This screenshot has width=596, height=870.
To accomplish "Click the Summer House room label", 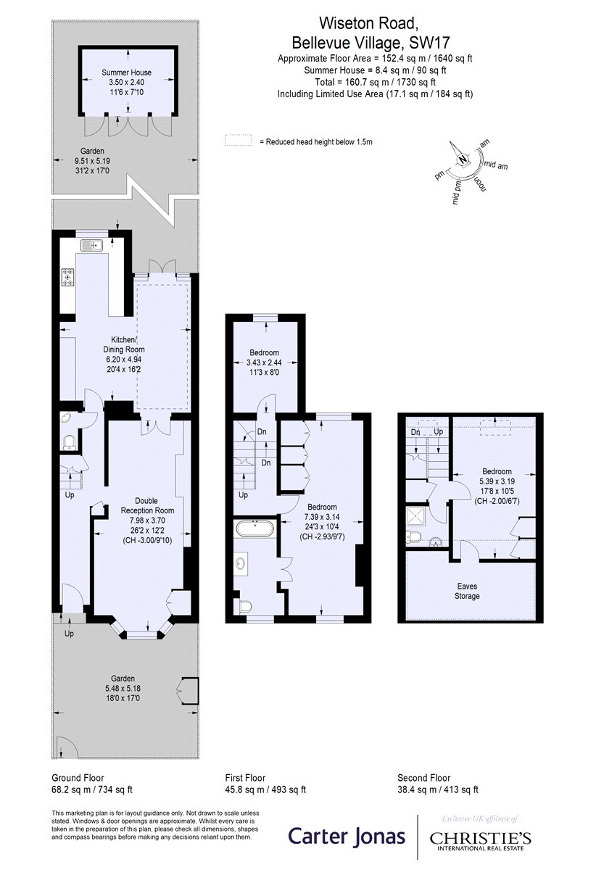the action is pos(126,72).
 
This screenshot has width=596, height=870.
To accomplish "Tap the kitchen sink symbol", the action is pos(91,246).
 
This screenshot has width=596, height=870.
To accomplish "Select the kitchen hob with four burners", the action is pos(68,277).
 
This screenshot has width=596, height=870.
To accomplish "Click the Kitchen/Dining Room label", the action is pos(123,344).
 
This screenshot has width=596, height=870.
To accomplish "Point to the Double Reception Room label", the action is pos(147,505).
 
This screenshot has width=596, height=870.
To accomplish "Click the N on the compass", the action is pos(462,159).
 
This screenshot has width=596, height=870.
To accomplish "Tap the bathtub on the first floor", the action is pos(255,529).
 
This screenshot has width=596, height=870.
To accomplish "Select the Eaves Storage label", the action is pos(467,591).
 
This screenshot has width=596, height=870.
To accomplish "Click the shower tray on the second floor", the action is pos(415,516).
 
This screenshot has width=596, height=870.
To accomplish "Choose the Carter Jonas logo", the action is pos(347,836).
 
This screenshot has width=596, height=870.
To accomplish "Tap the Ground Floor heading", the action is pos(78,777).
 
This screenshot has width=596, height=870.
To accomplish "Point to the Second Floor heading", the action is pos(424,777).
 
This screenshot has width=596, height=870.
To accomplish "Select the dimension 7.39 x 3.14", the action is pos(322,516).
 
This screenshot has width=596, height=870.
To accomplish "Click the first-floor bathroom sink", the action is pos(241,563).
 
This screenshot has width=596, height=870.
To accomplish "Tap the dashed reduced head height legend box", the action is pos(238,140).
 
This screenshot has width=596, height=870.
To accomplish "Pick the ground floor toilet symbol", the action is pos(70,442).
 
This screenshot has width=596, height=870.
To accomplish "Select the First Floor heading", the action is pos(245,777).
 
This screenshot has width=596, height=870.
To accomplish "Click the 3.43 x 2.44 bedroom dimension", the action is pos(264,362).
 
